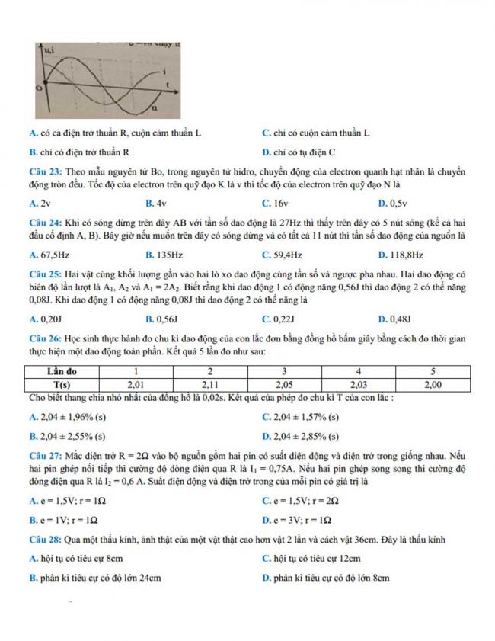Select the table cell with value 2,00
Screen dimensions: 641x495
pos(432,386)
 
